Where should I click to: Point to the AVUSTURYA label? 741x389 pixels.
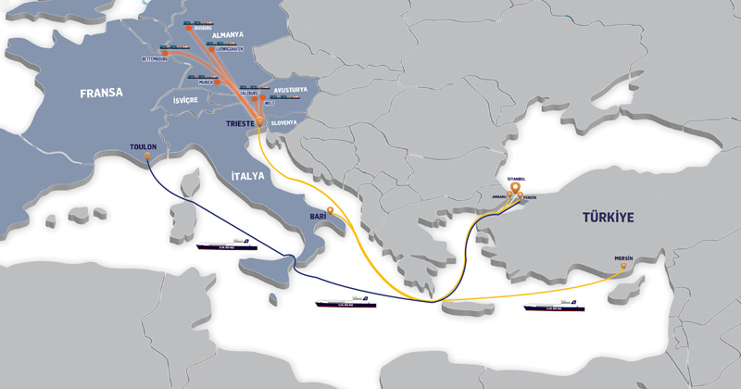(x=295, y=91)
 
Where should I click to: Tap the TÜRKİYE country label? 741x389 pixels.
(x=607, y=218)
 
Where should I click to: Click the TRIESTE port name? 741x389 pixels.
(x=242, y=121)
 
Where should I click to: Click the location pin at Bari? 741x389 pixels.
(x=331, y=212)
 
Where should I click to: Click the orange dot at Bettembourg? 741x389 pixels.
(x=170, y=59)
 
